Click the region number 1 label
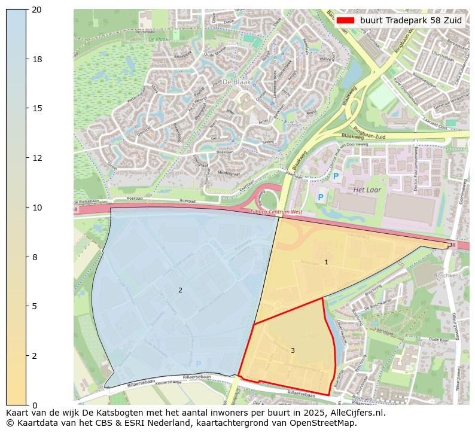(x=326, y=262)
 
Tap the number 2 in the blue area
(x=180, y=290)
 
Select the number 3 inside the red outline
(x=293, y=350)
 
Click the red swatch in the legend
(x=345, y=20)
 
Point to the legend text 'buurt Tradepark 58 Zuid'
(x=410, y=20)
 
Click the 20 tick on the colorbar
(x=36, y=10)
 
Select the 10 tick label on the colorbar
(x=36, y=208)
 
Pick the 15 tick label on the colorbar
(x=36, y=109)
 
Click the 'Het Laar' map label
(x=367, y=190)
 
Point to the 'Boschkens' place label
(x=447, y=276)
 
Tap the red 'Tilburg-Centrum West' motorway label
(x=276, y=212)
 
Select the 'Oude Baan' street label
(x=439, y=340)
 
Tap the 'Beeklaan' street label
(x=225, y=153)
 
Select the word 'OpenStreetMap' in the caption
(x=326, y=423)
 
